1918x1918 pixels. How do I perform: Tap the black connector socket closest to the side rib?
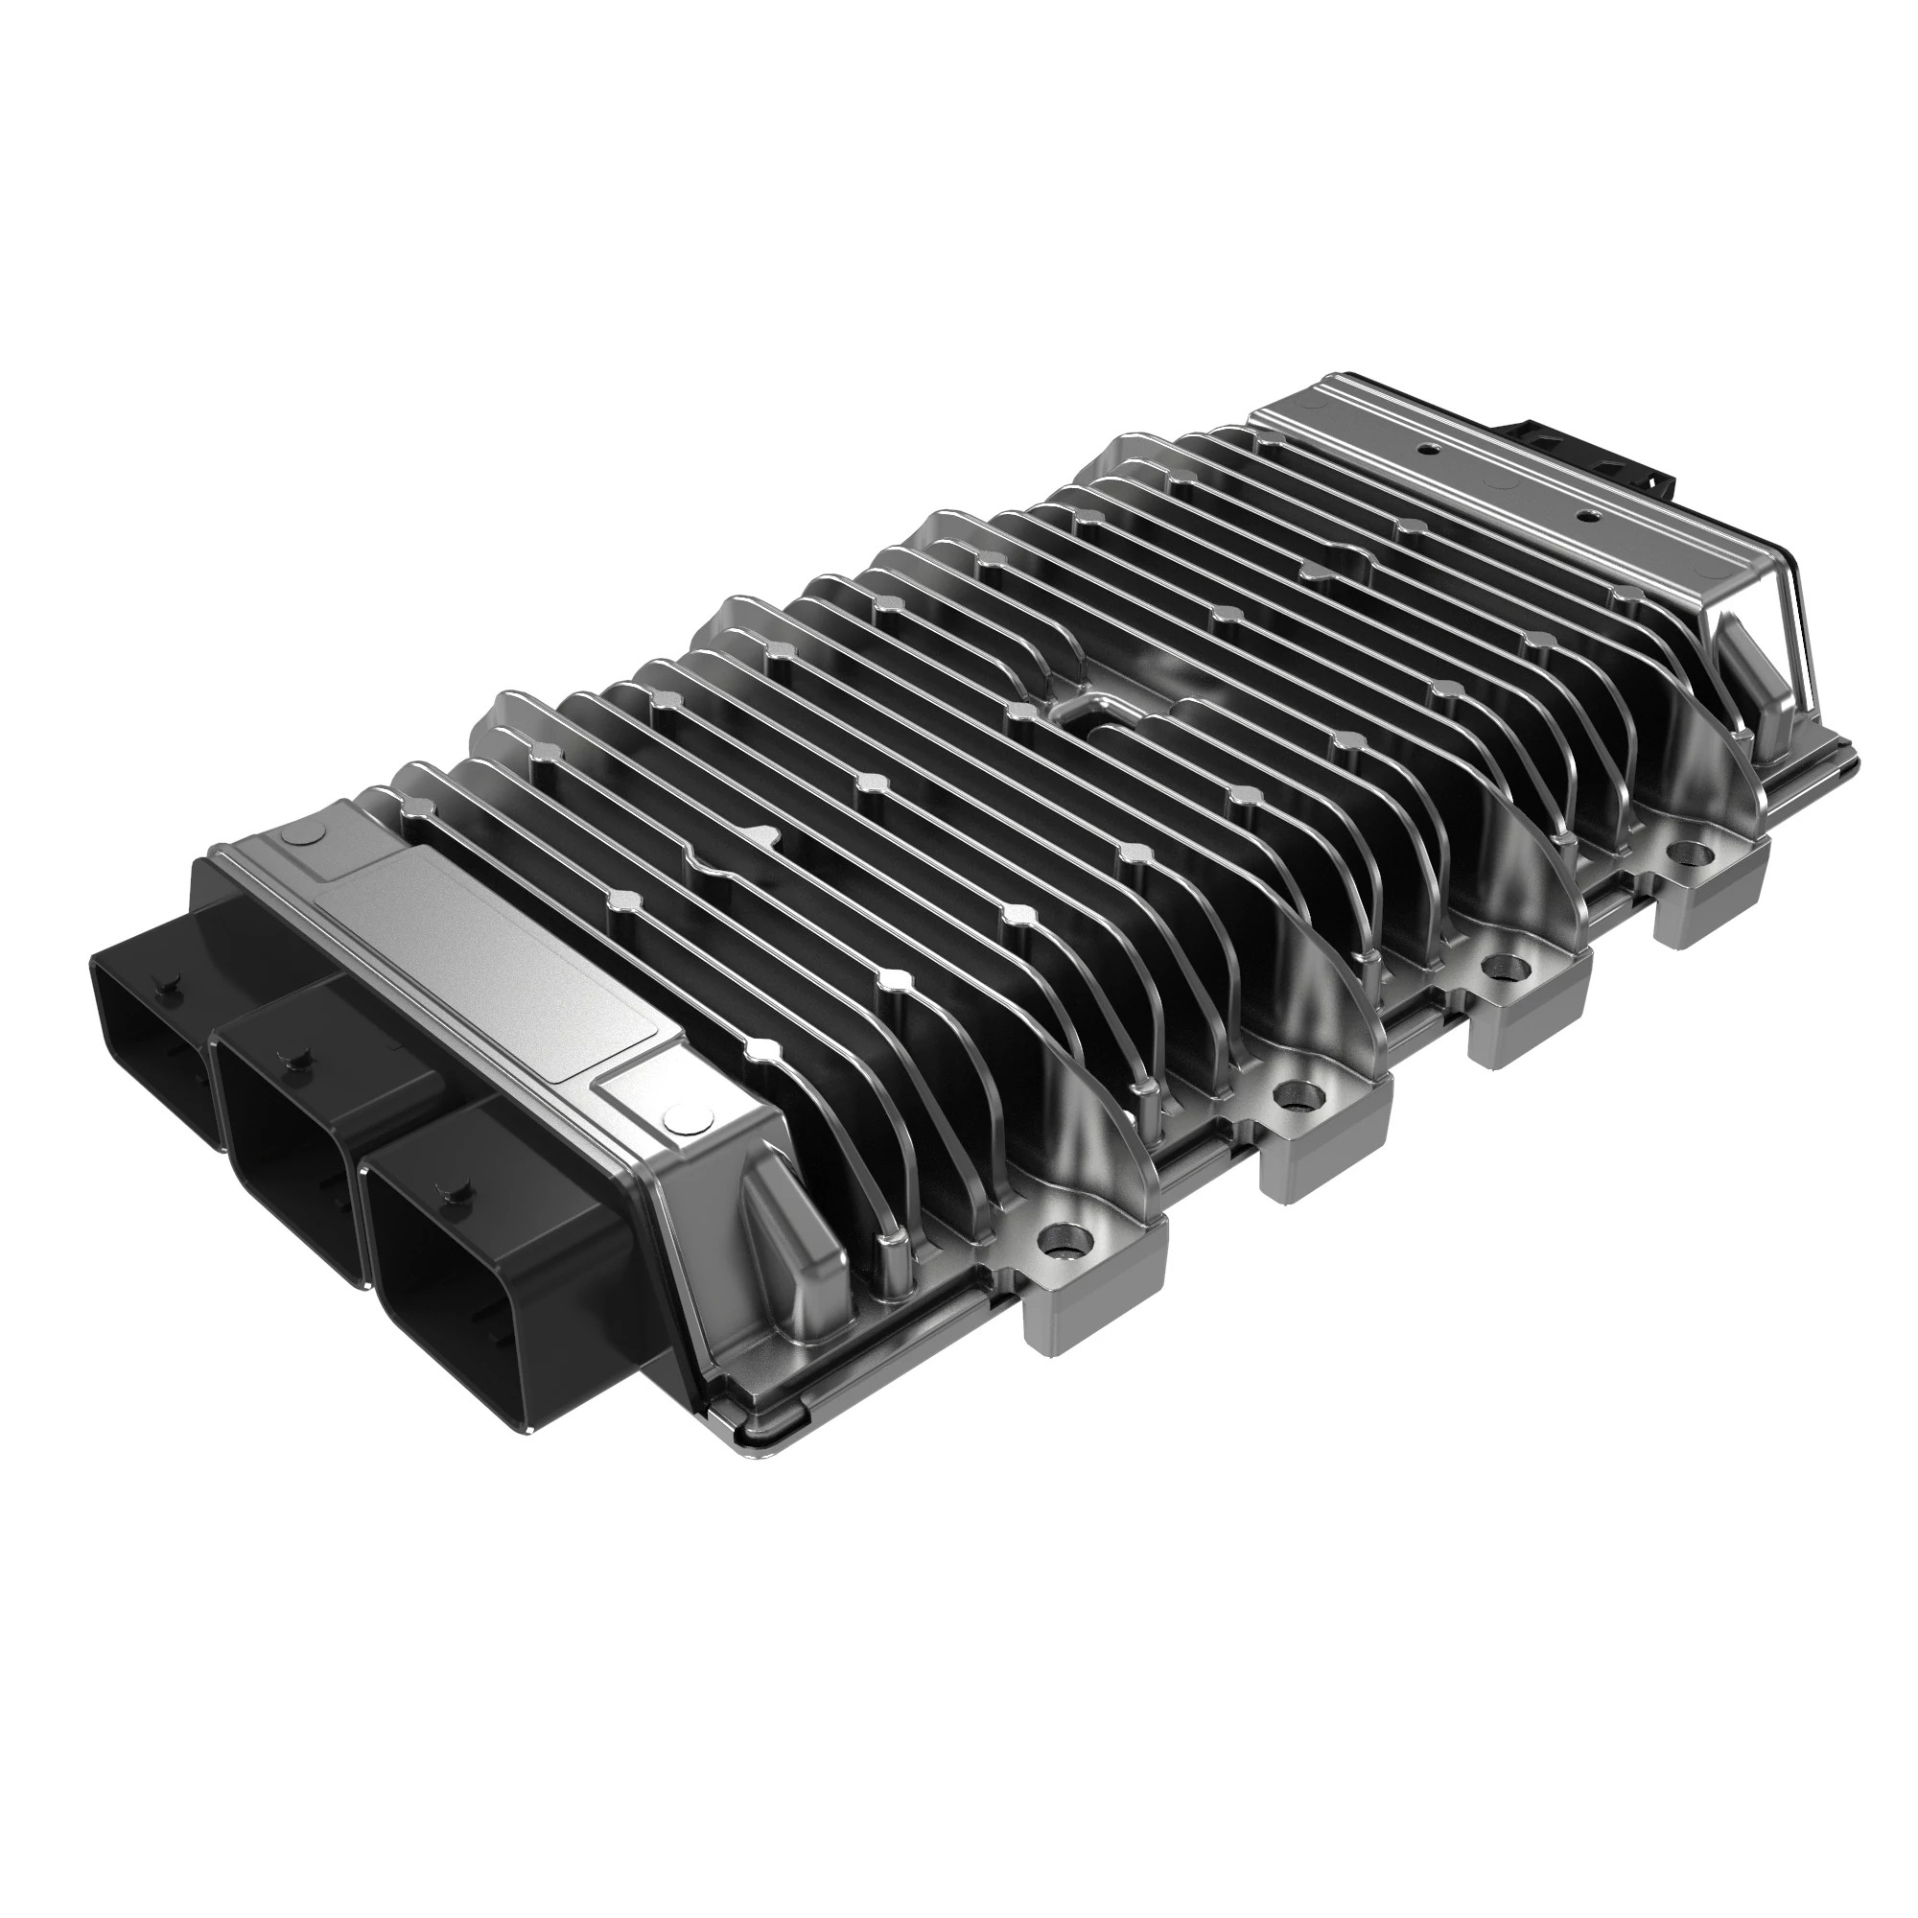[x=467, y=1241]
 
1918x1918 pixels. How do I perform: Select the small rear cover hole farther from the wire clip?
[x=1426, y=449]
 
